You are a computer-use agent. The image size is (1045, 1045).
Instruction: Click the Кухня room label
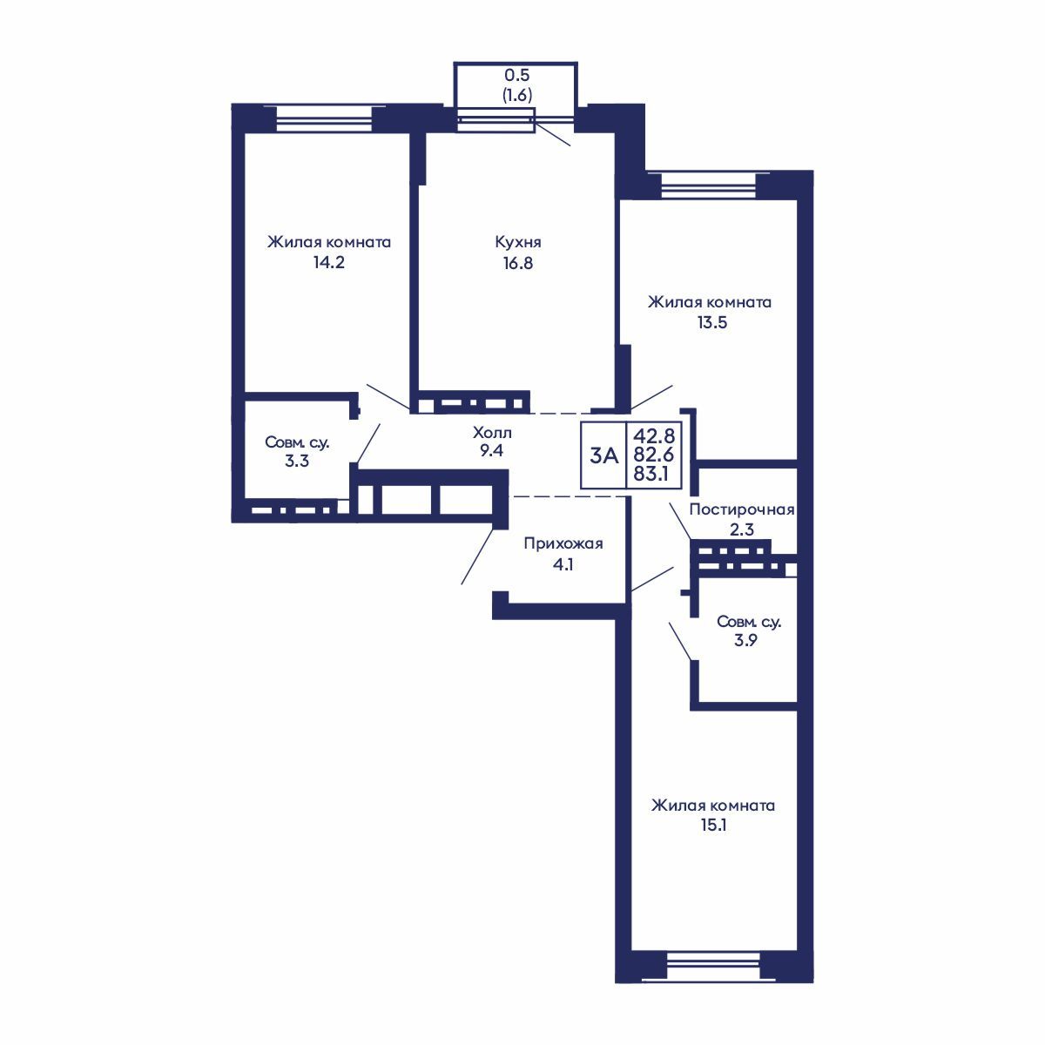[518, 242]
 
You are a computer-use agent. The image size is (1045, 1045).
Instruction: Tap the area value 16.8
[518, 263]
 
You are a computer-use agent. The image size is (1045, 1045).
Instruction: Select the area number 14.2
[329, 263]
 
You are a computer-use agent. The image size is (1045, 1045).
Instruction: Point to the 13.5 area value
[712, 323]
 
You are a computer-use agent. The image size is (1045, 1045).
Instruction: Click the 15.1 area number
[713, 826]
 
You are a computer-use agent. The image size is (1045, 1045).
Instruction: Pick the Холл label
[492, 433]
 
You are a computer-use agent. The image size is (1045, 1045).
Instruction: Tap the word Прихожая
[563, 543]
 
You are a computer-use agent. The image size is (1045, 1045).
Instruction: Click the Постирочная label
[742, 509]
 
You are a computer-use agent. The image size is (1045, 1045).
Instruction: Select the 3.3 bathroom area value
[297, 461]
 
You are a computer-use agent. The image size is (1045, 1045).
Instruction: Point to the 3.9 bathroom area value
[745, 640]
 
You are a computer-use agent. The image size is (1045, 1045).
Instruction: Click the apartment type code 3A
[604, 456]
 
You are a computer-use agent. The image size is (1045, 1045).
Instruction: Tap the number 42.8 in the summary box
[655, 435]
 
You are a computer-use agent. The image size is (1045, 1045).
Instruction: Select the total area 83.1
[651, 474]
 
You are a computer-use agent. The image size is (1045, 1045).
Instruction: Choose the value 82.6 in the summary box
[654, 455]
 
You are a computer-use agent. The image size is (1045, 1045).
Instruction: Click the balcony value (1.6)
[516, 95]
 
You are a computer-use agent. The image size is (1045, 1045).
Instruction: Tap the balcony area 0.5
[516, 75]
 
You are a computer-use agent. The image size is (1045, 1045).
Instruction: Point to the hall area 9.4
[491, 450]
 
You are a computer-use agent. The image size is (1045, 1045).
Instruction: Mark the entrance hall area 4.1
[563, 564]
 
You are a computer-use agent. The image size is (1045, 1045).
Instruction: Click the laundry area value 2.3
[742, 529]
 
